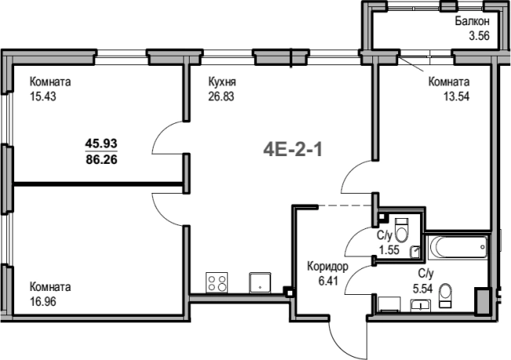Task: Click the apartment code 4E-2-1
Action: click(292, 151)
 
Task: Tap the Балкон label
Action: click(473, 21)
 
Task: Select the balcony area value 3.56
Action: click(479, 35)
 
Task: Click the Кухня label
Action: click(222, 82)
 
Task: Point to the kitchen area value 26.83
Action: click(221, 96)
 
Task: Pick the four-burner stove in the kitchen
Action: click(217, 282)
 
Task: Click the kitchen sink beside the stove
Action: click(260, 282)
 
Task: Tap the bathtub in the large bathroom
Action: click(458, 248)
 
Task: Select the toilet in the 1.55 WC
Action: click(401, 231)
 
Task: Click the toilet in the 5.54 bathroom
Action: click(445, 296)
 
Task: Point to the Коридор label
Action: click(328, 267)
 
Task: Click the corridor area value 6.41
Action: click(328, 281)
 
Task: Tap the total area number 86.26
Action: click(101, 160)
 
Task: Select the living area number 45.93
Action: click(101, 144)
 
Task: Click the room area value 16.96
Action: click(43, 302)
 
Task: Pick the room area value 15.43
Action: click(43, 96)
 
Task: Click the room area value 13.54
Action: click(456, 96)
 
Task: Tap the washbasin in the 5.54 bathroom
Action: click(420, 306)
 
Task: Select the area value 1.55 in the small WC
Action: click(389, 249)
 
